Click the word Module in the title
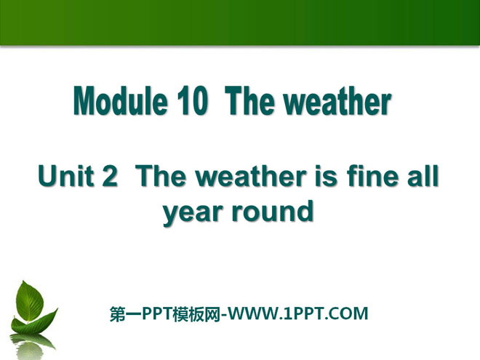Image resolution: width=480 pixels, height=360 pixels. [x=121, y=100]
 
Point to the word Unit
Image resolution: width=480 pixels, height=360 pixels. [x=65, y=176]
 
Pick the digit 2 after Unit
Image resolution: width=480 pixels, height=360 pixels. [x=110, y=176]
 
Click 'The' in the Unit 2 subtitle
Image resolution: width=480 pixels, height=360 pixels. [x=160, y=176]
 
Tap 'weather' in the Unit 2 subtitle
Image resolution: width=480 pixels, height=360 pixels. [x=251, y=176]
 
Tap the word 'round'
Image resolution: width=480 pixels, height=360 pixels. [x=273, y=211]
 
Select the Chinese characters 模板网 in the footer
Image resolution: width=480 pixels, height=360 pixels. [x=196, y=314]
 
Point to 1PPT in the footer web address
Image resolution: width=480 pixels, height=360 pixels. [x=304, y=314]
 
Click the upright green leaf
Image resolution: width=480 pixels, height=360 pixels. [x=29, y=301]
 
